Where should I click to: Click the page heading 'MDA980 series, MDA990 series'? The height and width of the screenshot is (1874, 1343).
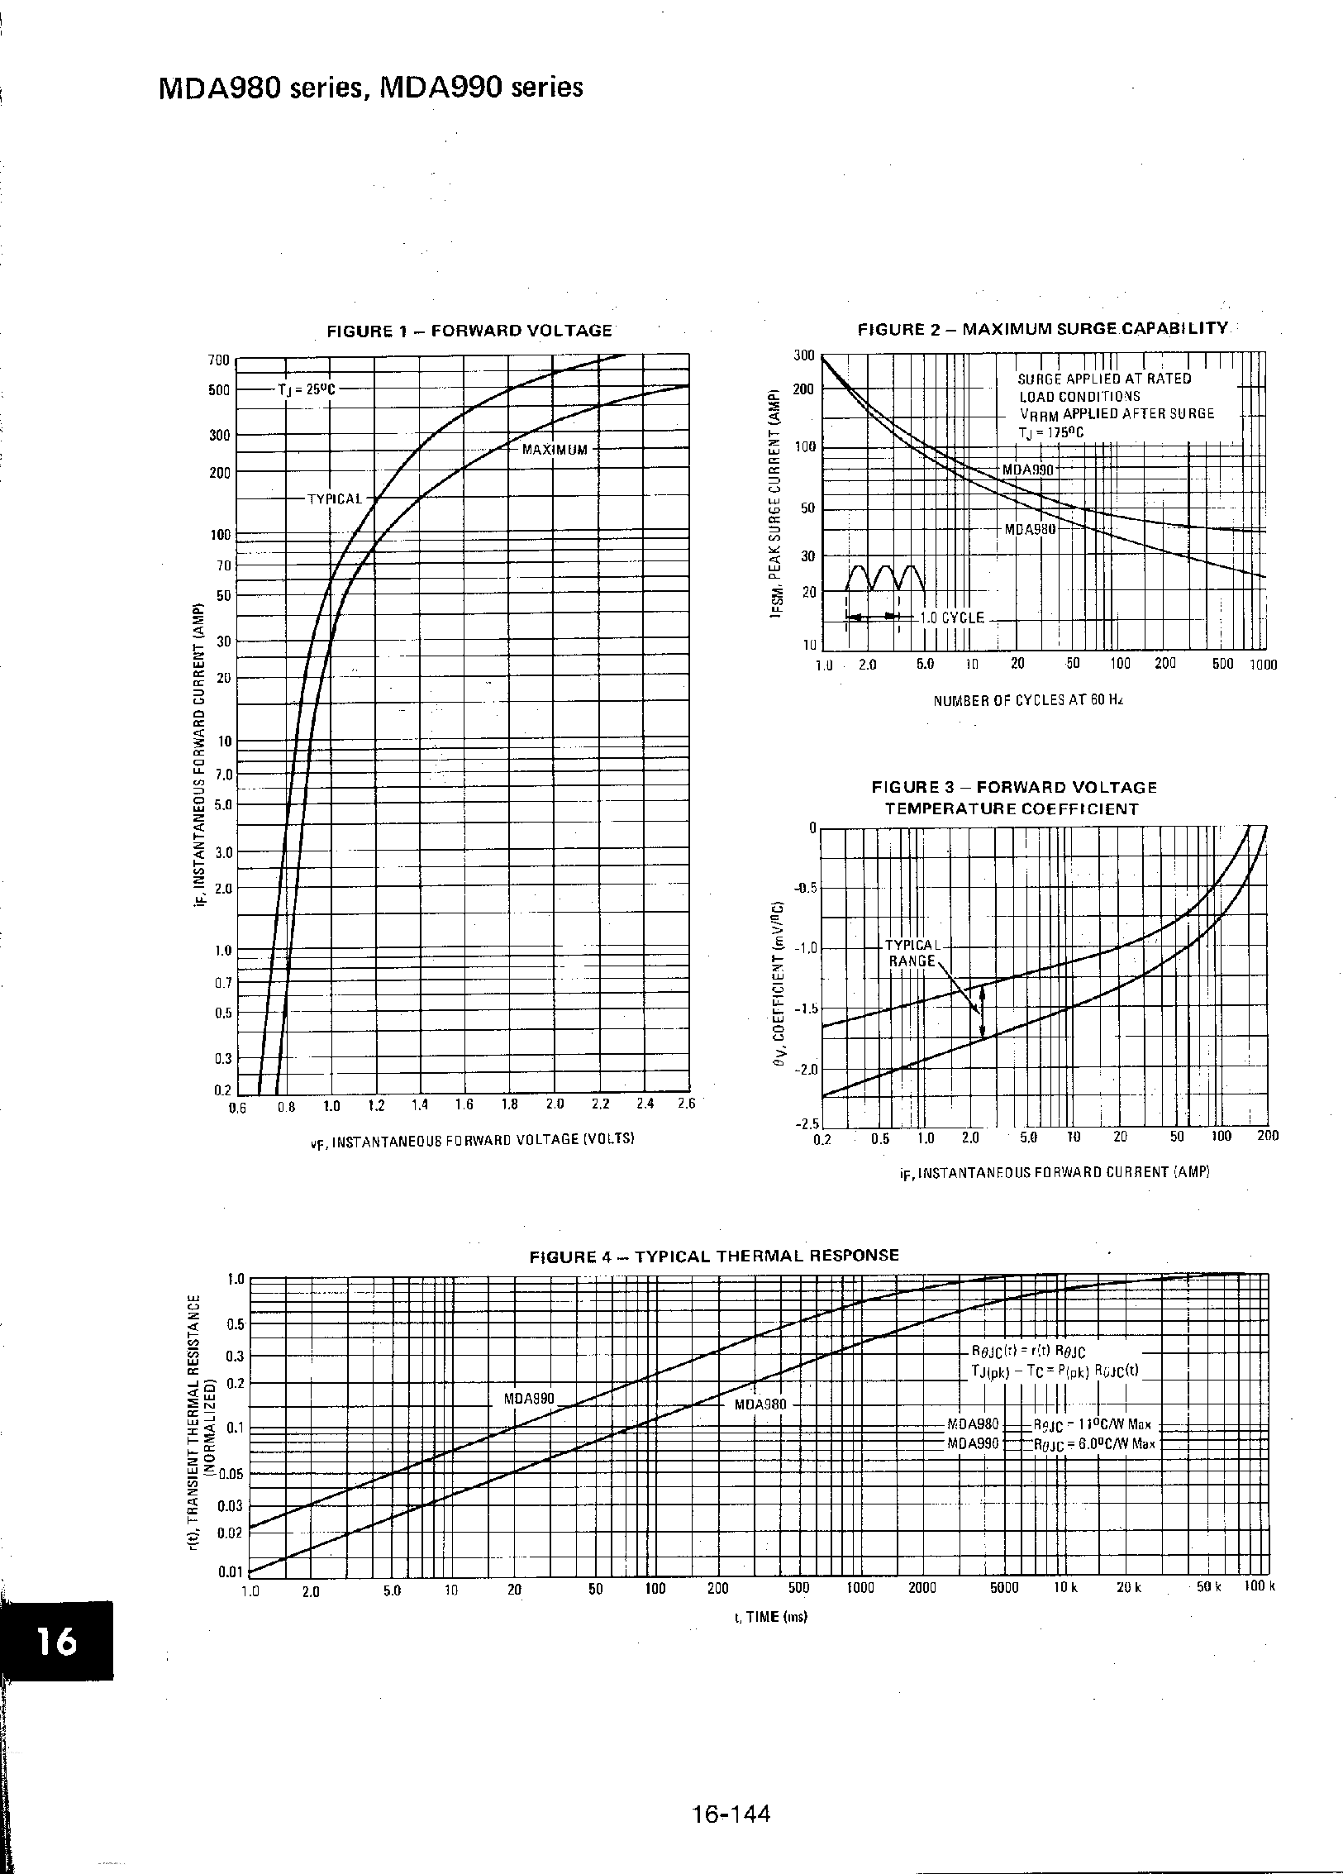pos(370,88)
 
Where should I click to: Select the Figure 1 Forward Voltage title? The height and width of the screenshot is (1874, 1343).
pos(469,331)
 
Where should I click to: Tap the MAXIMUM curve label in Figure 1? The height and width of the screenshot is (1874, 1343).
pos(555,450)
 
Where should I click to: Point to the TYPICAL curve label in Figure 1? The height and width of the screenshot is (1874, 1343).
pos(335,499)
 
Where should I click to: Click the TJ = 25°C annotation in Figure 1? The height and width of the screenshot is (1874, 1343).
pos(307,389)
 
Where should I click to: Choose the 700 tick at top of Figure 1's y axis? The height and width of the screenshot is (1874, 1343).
pos(219,360)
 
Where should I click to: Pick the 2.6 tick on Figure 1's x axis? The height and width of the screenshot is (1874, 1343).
pos(686,1104)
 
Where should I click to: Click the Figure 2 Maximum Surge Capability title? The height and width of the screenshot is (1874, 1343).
pos(1043,328)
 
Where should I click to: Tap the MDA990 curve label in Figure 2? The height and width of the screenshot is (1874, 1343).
pos(1028,470)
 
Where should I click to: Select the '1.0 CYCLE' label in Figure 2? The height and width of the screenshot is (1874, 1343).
pos(952,618)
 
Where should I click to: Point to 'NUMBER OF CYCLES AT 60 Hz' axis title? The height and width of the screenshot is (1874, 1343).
pos(1028,700)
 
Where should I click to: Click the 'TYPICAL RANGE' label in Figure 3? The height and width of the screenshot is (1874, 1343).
pos(912,952)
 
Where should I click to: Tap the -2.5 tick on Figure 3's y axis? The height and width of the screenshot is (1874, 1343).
pos(805,1124)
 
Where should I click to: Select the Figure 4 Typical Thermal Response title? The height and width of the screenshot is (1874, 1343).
pos(714,1255)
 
